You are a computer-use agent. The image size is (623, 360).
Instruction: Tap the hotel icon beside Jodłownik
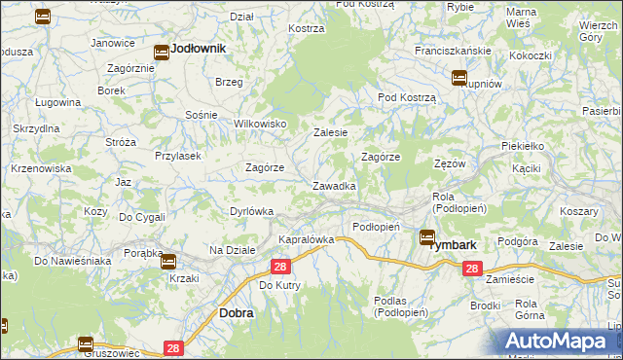coord(162,54)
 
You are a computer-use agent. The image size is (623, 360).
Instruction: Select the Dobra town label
coord(237,313)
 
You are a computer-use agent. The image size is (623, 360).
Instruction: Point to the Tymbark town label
coord(453,244)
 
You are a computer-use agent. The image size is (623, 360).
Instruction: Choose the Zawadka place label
coord(333,185)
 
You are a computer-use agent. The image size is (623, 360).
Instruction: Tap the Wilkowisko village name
coord(260,124)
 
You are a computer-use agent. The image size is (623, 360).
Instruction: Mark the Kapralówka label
coord(307,238)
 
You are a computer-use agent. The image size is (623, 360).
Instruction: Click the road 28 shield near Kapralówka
coord(280,267)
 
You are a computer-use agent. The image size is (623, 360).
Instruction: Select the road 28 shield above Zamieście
coord(472,270)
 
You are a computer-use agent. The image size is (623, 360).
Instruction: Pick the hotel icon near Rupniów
coord(458,79)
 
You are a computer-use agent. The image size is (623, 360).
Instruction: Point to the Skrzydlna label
coord(37,128)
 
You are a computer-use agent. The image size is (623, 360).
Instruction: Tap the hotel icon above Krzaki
coord(168,261)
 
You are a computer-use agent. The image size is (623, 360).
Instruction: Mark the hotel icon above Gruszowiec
coord(86,343)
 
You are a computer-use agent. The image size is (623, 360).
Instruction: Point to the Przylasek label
coord(177,155)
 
